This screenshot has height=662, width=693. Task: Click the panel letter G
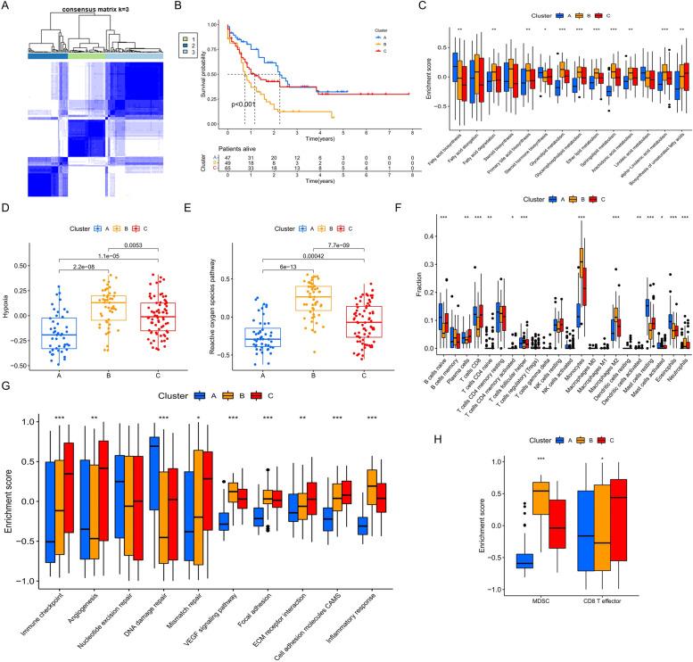[6, 385]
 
